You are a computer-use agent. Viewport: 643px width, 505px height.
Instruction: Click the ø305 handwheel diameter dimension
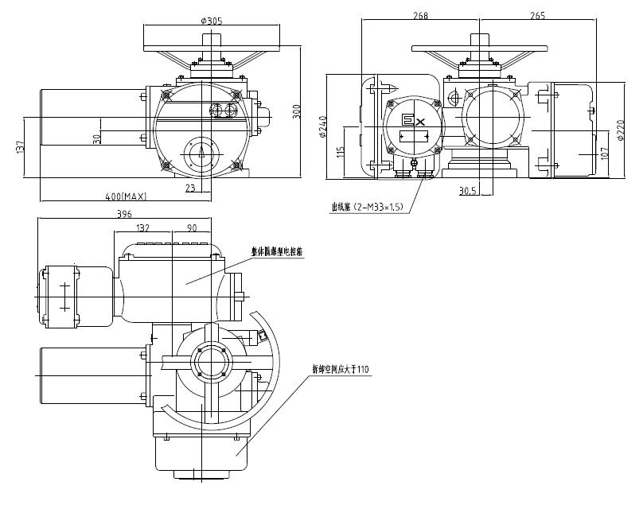212,21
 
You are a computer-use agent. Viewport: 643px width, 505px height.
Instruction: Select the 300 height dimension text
296,111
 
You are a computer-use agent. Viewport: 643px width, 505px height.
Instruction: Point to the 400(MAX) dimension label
124,196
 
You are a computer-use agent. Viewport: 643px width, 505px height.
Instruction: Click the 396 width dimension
123,214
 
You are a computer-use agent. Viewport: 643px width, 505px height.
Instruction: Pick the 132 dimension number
143,228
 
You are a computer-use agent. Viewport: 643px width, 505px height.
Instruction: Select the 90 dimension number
192,228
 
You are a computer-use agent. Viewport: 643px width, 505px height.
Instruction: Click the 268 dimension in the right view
422,15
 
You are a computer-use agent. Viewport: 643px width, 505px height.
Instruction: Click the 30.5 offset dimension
469,191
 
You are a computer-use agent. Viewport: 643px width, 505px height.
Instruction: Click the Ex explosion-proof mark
412,120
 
